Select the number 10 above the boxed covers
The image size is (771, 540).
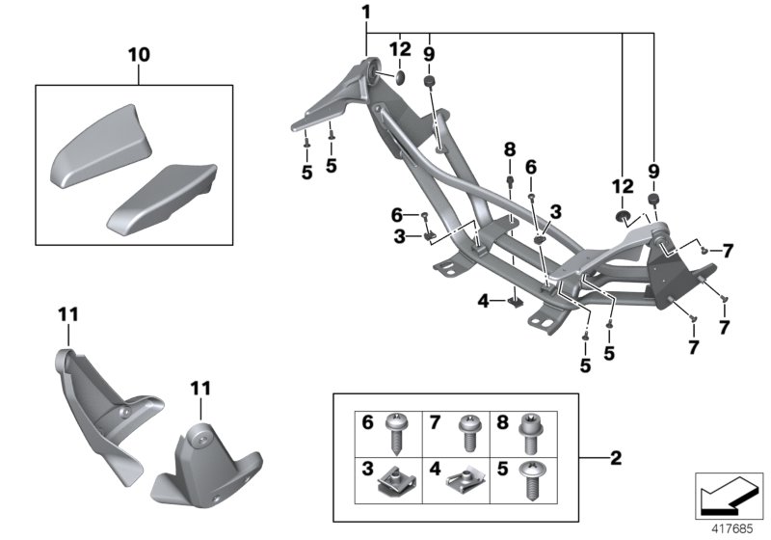[x=140, y=55]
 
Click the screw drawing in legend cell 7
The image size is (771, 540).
[x=469, y=429]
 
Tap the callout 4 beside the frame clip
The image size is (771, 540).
[x=483, y=301]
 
